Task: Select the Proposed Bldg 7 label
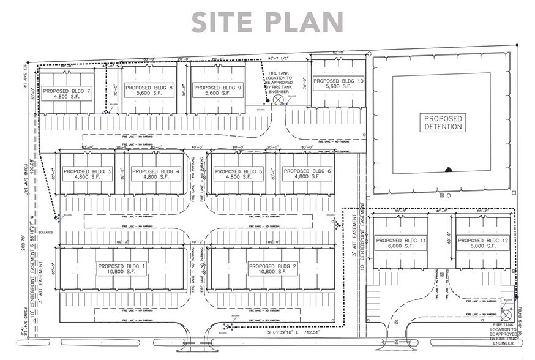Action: [x=67, y=94]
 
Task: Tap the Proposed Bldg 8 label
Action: [x=149, y=91]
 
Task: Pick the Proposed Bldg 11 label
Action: [x=400, y=244]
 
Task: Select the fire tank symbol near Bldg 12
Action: [x=507, y=312]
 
